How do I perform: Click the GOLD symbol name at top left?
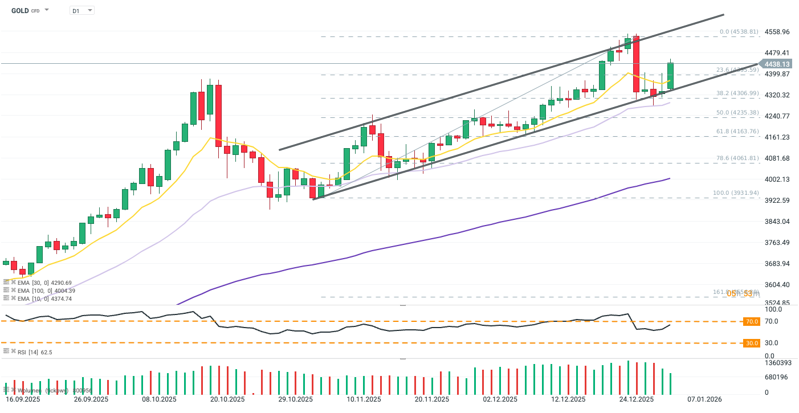[21, 10]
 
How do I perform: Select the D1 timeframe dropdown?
[81, 10]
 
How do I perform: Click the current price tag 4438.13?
[777, 64]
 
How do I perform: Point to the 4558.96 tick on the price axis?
[777, 32]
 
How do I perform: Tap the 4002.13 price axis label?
[777, 179]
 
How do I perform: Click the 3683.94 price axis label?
[777, 264]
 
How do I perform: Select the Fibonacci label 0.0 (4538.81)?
[739, 32]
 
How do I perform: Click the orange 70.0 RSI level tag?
[752, 322]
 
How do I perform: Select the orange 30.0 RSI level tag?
[752, 343]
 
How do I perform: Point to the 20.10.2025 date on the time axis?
[227, 399]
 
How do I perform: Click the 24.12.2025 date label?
[636, 399]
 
